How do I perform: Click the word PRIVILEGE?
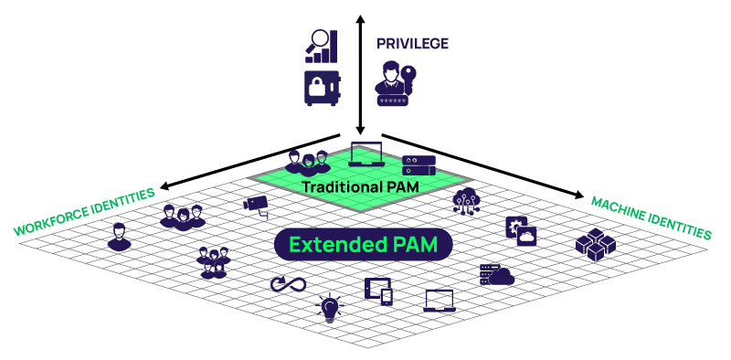(x=412, y=43)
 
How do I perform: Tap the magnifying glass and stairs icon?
(x=323, y=47)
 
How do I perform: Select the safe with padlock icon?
(x=322, y=88)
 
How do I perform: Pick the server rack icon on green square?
(x=418, y=165)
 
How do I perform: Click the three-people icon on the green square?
(x=305, y=162)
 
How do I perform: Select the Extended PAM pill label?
(x=364, y=245)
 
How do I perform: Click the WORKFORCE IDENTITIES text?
(x=84, y=213)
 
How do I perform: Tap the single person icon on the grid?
(x=119, y=237)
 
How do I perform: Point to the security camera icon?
(x=256, y=203)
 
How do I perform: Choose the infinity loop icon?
(x=288, y=285)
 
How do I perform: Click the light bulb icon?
(x=329, y=308)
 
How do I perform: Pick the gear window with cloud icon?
(x=520, y=231)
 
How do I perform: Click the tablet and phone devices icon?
(x=379, y=290)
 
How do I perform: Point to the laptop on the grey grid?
(x=440, y=300)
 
